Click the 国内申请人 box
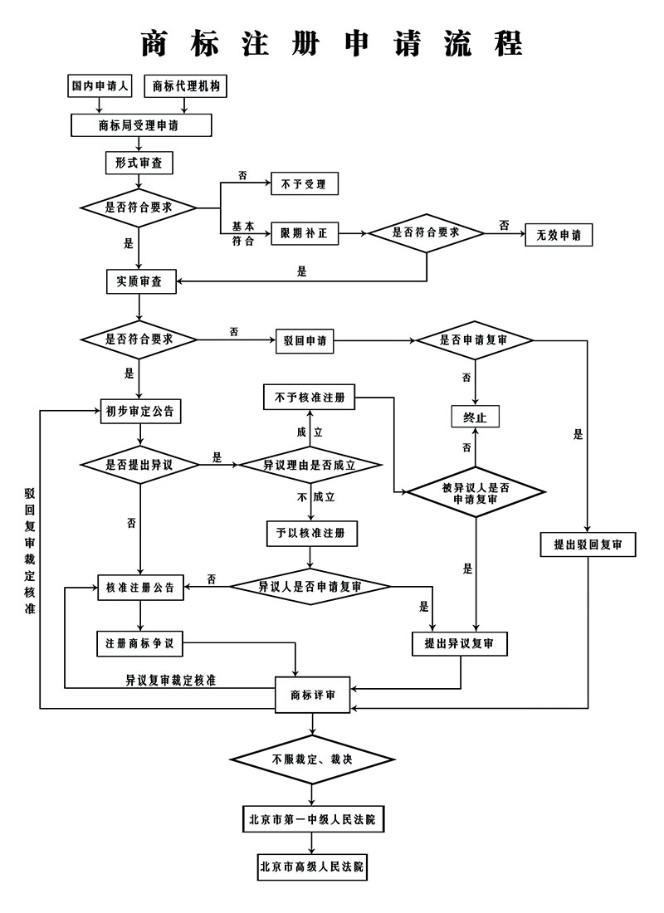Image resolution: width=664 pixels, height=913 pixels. tap(100, 86)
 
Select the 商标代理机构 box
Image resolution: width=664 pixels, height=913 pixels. tap(185, 86)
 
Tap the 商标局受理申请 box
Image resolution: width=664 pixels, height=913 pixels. tap(141, 125)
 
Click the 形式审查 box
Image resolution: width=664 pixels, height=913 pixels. tap(139, 163)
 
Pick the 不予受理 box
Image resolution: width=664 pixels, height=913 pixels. tap(305, 184)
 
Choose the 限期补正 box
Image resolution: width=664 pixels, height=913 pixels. tap(305, 233)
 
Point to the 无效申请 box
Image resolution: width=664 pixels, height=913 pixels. tap(559, 235)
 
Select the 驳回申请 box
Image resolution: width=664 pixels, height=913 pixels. tap(305, 340)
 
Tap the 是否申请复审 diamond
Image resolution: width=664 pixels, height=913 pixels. tap(474, 340)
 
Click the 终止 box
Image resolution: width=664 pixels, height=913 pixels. tap(476, 417)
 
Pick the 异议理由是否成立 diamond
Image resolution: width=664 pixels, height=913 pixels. tap(310, 465)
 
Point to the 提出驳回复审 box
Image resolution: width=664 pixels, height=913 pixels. tap(588, 544)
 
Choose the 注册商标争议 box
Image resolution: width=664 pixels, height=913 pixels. tap(139, 643)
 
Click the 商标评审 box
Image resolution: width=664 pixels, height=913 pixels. tap(313, 695)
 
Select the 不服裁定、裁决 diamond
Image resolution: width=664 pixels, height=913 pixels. tap(312, 759)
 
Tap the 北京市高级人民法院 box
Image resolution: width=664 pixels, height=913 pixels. tap(312, 867)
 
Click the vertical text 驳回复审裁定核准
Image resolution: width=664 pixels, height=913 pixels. tap(30, 551)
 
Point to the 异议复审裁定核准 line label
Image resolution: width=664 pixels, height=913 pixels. tap(171, 680)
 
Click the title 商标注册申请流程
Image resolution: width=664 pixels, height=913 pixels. tap(332, 42)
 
